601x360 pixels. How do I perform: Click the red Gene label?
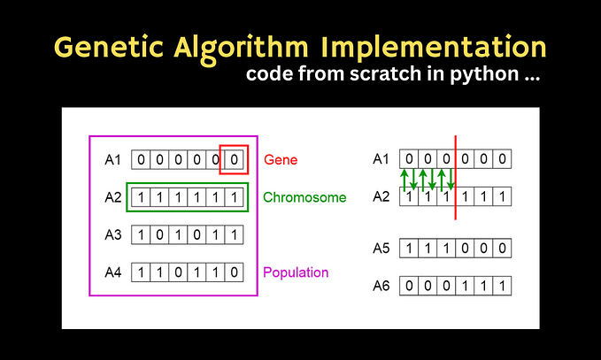point(281,160)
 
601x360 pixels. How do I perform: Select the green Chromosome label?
point(304,197)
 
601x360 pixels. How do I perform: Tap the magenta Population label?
point(297,272)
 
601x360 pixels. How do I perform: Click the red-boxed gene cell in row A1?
point(234,160)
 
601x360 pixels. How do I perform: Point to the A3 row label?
point(113,235)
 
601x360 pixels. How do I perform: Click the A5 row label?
point(381,249)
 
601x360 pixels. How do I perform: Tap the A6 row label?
point(381,287)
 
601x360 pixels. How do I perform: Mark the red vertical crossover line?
point(455,177)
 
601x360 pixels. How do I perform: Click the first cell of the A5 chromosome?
point(409,249)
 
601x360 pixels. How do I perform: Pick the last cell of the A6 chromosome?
point(502,287)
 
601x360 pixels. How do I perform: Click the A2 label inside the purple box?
point(113,197)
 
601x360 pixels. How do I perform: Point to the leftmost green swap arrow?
point(405,179)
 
